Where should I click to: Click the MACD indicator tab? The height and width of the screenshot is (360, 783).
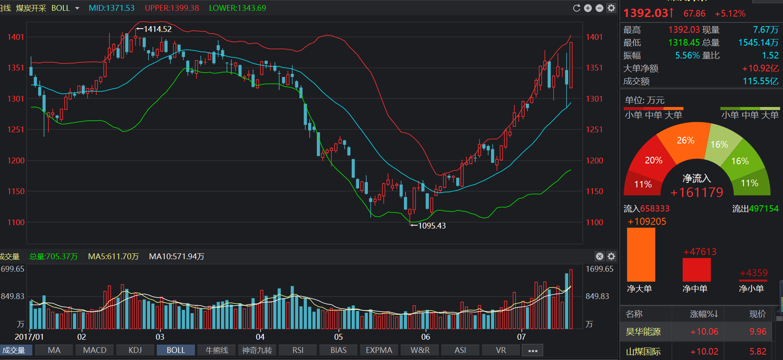tap(95, 350)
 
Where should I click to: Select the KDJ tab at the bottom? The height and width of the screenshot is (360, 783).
tap(135, 350)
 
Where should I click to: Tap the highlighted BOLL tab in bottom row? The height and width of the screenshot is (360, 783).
tap(176, 350)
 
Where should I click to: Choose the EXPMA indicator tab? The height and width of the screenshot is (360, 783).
tap(379, 350)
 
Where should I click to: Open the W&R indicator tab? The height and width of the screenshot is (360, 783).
tap(420, 350)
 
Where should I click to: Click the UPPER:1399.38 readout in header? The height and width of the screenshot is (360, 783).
tap(172, 8)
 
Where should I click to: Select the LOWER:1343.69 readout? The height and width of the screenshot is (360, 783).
tap(238, 8)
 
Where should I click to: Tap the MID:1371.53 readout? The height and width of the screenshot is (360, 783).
tap(112, 8)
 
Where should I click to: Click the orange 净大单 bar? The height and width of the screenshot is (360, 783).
tap(641, 255)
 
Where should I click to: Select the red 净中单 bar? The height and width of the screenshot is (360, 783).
tap(697, 270)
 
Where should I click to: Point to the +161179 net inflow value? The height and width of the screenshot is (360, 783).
tap(697, 192)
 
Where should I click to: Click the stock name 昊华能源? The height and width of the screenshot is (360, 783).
tap(643, 332)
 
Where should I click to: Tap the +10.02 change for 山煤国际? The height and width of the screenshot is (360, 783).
tap(704, 352)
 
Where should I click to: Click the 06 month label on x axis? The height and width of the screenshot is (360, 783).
tap(426, 337)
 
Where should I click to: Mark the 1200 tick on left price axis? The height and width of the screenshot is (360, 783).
tap(16, 161)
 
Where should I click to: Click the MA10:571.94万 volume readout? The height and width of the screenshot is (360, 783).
tap(177, 257)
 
